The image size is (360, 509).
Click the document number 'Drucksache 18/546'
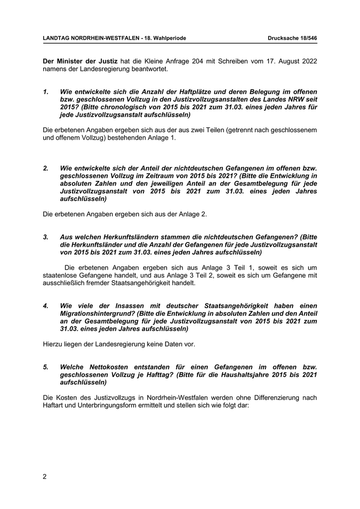292,39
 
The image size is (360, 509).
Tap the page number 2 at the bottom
45,477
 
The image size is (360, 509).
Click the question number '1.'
46,92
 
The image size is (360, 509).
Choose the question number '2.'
46,168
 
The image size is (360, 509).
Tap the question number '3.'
46,237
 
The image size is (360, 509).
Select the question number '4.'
46,306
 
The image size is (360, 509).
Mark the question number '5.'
46,368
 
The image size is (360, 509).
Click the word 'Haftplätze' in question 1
199,92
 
